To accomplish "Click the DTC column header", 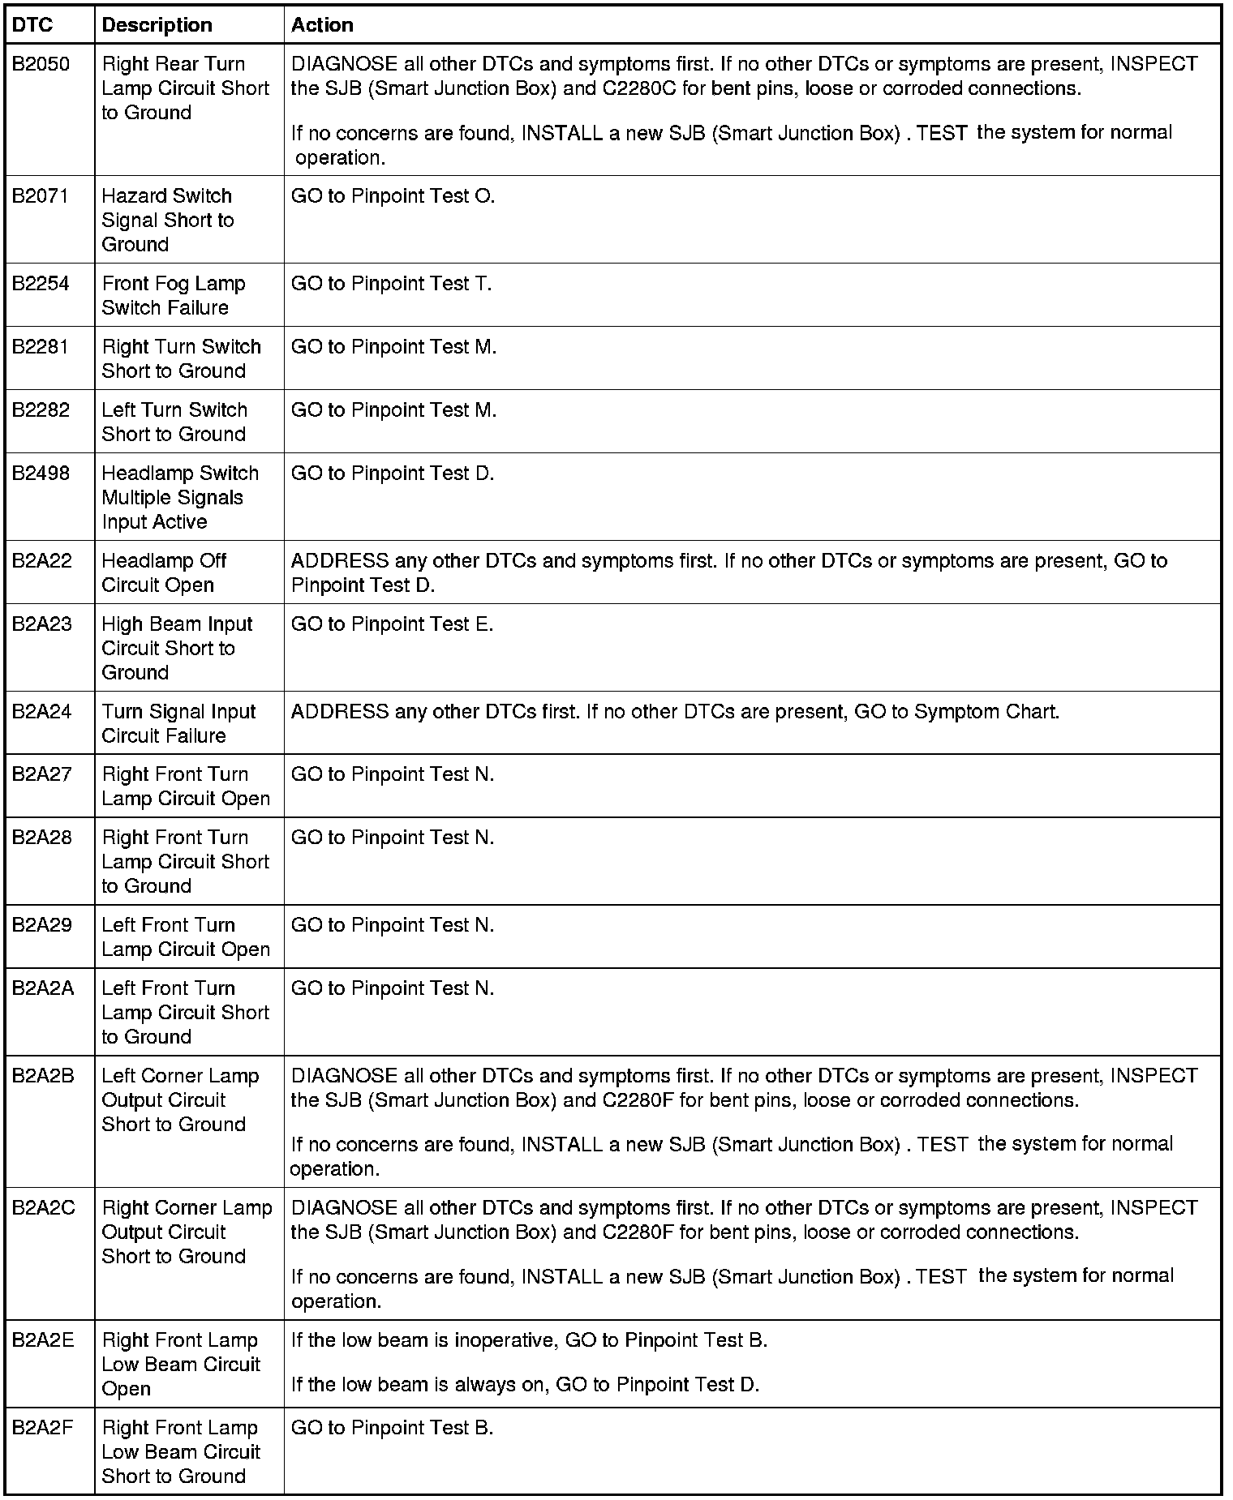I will tap(32, 25).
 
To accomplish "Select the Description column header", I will tap(157, 25).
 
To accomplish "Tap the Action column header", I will tap(322, 25).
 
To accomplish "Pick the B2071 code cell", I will tap(40, 196).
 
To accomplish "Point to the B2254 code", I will tap(41, 284).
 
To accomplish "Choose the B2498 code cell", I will tap(41, 474).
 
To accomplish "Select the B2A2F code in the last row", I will tap(42, 1428).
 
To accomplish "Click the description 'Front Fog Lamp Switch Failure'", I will tap(173, 296).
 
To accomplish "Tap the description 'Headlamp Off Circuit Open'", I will tap(163, 573).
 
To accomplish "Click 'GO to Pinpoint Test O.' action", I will tap(393, 196).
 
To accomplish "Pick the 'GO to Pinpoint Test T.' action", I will tap(391, 284).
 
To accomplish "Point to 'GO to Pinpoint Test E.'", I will tap(392, 624).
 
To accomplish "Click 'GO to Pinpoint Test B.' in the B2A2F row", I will tap(392, 1428).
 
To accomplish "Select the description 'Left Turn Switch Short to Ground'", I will tap(174, 422).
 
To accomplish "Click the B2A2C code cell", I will tap(43, 1208).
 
